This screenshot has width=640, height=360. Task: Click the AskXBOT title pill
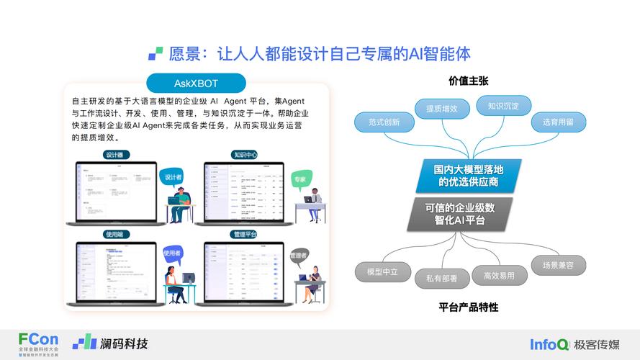tap(196, 83)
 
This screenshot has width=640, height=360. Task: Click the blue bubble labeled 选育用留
tap(558, 122)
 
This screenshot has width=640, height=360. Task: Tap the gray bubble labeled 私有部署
tap(440, 277)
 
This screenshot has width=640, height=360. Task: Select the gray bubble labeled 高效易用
tap(499, 275)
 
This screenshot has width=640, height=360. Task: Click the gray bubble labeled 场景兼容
tap(558, 265)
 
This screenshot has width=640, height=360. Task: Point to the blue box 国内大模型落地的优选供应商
tap(467, 176)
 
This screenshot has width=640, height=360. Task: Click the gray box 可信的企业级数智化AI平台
tap(459, 214)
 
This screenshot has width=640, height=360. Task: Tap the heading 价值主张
tap(469, 81)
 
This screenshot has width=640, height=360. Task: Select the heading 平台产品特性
tap(469, 307)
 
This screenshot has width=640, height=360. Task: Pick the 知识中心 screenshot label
tap(244, 155)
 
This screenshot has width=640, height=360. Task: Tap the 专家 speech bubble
tap(299, 179)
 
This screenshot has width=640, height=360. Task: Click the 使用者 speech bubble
tap(172, 253)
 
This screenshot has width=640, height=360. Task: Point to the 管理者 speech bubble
tap(298, 256)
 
